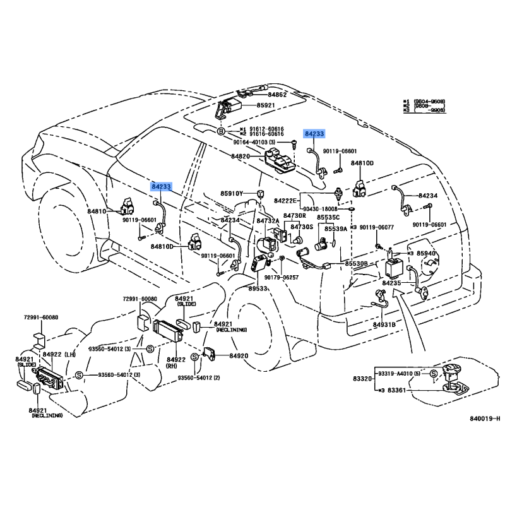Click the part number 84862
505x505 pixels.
(x=277, y=95)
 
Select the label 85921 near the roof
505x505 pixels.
(x=267, y=105)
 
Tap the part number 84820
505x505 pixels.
(x=241, y=156)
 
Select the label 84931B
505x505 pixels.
(x=384, y=324)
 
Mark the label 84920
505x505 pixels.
(x=239, y=356)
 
